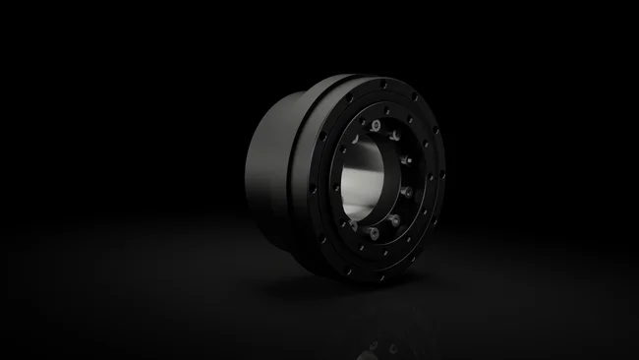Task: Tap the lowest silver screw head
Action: pyautogui.click(x=374, y=233)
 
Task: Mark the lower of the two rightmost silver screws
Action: pyautogui.click(x=406, y=191)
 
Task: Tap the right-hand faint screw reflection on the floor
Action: pyautogui.click(x=393, y=347)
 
